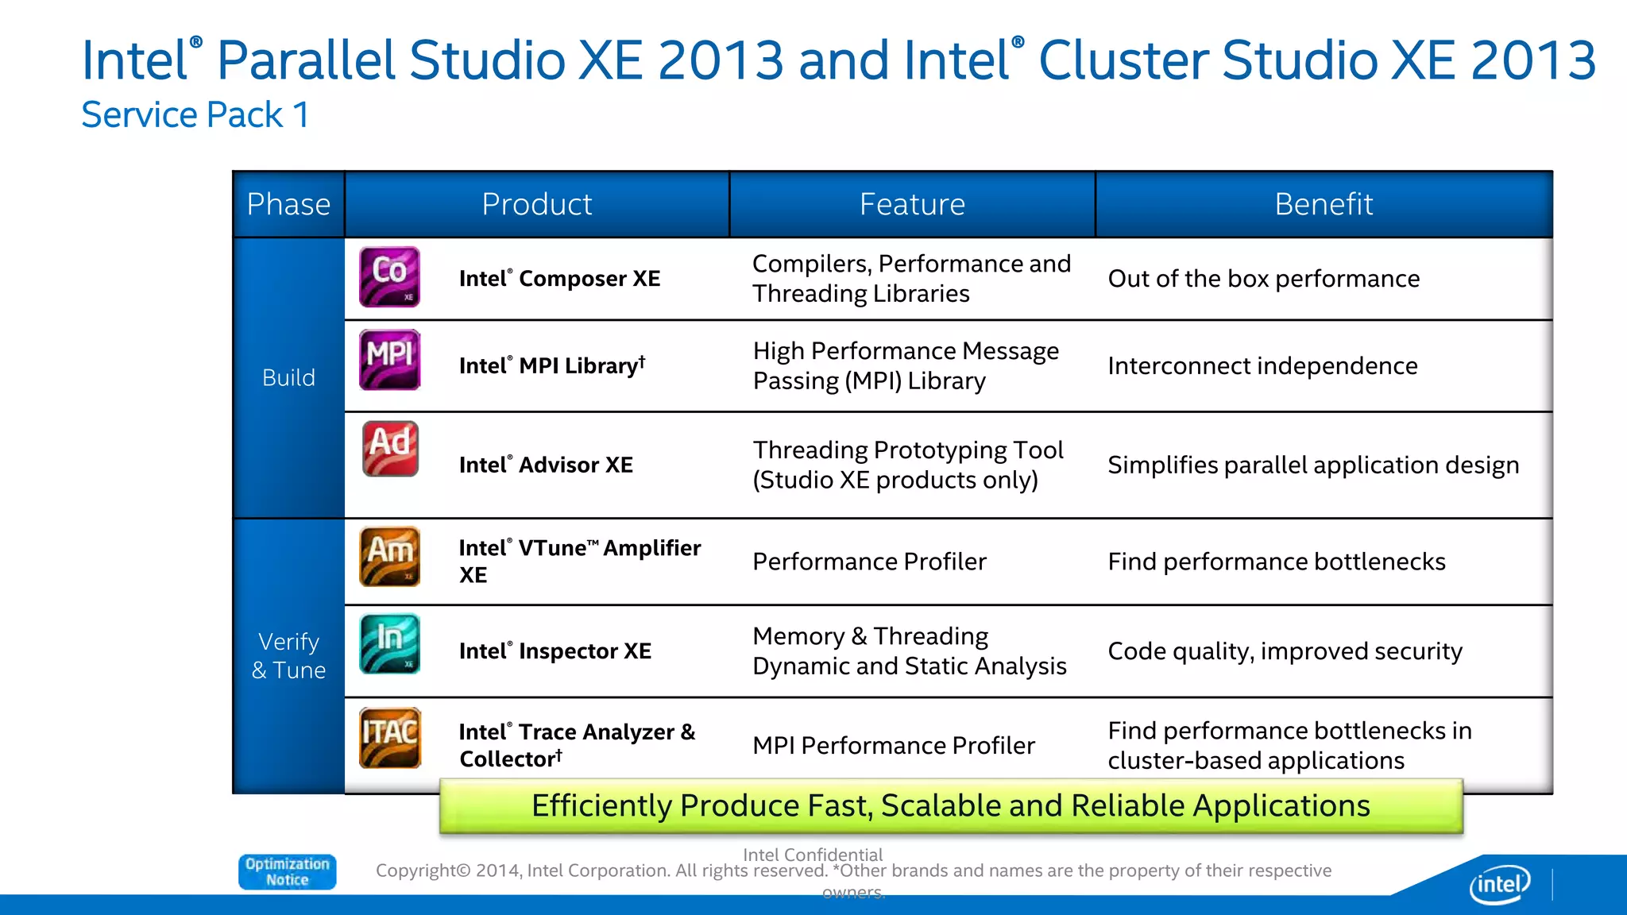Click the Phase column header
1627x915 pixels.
[288, 204]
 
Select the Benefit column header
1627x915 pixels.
[1324, 204]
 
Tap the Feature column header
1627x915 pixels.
[912, 204]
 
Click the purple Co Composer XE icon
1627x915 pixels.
[389, 277]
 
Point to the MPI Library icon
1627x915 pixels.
[389, 360]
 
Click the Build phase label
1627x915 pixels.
[288, 377]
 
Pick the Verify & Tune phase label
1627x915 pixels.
[288, 655]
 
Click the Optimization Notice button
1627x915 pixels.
[288, 871]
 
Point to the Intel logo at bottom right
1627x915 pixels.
[1499, 884]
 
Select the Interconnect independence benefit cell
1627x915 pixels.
[1262, 365]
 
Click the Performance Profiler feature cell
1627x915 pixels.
[869, 562]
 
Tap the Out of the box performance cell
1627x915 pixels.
[1263, 279]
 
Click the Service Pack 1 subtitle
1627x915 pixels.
[195, 115]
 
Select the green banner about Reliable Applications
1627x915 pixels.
[950, 805]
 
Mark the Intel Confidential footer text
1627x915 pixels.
[812, 855]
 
